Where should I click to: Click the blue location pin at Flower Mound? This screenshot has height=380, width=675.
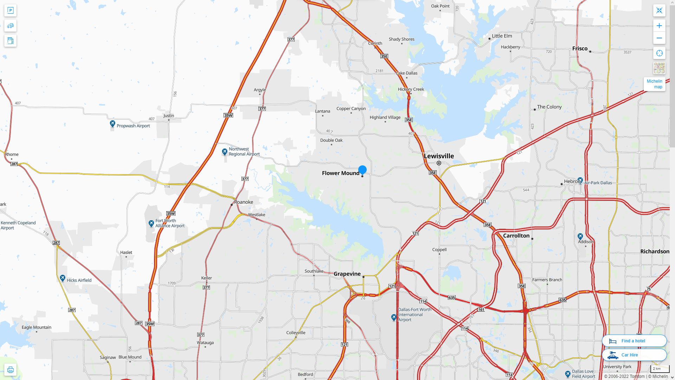362,170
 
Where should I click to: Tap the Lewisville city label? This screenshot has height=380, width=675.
438,156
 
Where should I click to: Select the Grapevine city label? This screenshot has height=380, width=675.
347,274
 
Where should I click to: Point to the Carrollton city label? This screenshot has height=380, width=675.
516,235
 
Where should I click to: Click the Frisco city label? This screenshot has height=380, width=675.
580,49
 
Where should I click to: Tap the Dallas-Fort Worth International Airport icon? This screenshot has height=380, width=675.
394,317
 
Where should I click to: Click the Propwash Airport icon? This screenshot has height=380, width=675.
112,124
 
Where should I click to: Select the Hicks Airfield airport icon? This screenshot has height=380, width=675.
63,278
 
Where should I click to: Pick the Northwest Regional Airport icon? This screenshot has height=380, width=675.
225,152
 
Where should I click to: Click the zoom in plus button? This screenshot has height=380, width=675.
659,26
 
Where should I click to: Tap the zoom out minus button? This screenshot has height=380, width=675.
659,38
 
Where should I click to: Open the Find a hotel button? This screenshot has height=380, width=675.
634,341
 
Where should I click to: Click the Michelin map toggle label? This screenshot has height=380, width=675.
654,84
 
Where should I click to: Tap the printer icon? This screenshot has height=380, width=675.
10,369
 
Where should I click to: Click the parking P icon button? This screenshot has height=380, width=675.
10,11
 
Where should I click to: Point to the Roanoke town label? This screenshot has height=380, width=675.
243,202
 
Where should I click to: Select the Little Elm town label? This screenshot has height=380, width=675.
502,36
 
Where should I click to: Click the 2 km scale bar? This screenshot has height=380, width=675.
660,369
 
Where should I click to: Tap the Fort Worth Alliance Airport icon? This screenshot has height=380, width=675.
151,223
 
